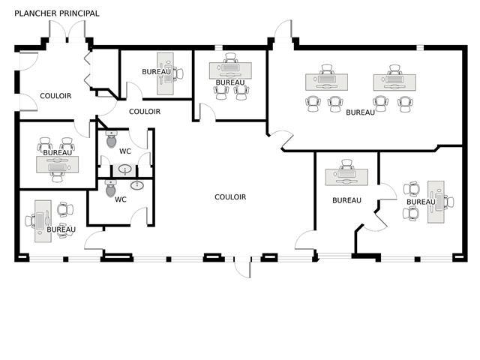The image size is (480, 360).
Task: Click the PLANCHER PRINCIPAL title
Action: pos(57,13)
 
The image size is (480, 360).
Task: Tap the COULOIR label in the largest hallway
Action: pos(230,197)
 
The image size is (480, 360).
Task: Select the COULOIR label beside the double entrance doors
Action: pos(55,96)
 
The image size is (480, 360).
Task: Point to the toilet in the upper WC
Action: pos(112,139)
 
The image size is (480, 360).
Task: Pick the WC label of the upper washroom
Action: pos(125,151)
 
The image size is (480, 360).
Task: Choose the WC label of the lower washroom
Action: pos(121,199)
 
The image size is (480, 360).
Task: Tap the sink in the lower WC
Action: pos(137,184)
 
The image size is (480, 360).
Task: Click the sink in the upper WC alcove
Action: pos(124,169)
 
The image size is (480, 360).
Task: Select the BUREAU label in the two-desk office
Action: pos(360,112)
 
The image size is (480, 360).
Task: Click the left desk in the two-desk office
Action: pos(325,81)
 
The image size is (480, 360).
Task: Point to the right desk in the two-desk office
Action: pos(394,81)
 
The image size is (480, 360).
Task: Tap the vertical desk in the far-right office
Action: pos(436,202)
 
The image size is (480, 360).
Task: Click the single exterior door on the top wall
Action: pos(283,31)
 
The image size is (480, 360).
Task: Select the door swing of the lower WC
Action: pos(139,214)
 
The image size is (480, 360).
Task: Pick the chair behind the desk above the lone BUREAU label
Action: pos(346,163)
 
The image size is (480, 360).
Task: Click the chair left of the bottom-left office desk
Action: pos(31,220)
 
